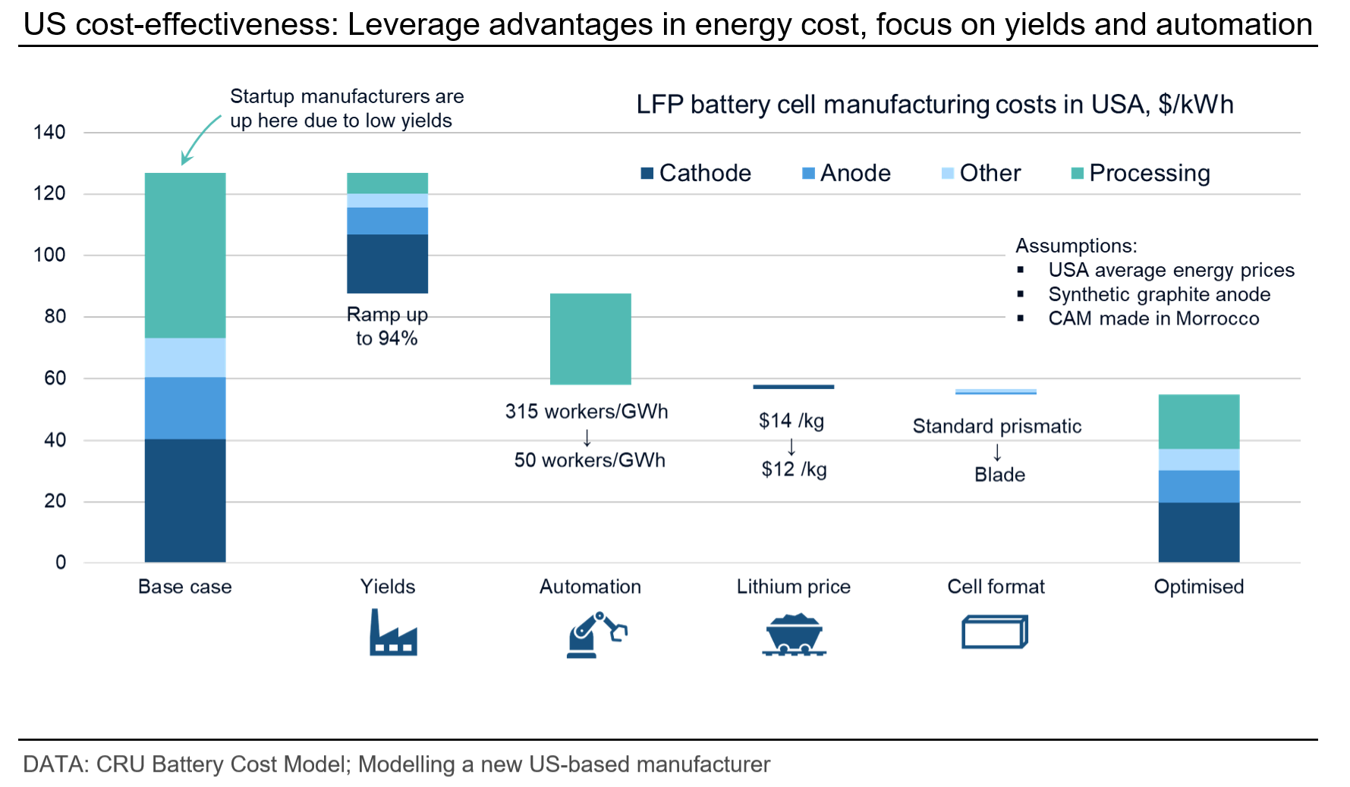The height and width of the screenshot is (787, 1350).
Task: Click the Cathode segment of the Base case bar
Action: (x=185, y=500)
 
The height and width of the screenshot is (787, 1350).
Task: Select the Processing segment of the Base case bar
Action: (x=185, y=256)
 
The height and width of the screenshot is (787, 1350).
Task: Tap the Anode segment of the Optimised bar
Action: (x=1199, y=486)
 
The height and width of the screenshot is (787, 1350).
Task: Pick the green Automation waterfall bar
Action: (x=590, y=339)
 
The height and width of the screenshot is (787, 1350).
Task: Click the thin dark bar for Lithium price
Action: (x=794, y=387)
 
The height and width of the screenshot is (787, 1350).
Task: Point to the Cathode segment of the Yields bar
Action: (x=388, y=264)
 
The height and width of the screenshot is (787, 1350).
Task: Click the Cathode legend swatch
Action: (x=647, y=174)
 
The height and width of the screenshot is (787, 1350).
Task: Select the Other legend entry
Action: (x=981, y=174)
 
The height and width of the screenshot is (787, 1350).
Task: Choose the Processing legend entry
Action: (x=1141, y=174)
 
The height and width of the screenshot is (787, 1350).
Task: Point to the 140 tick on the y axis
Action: (x=49, y=133)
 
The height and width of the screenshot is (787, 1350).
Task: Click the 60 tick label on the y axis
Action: (x=55, y=378)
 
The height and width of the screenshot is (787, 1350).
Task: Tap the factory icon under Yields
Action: (x=393, y=632)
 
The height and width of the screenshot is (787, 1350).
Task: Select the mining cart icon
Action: (x=794, y=635)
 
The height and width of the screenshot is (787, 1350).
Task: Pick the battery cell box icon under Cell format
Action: (x=995, y=632)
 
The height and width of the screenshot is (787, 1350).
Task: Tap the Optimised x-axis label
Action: (x=1199, y=587)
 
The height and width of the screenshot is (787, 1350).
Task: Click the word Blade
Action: (x=1000, y=475)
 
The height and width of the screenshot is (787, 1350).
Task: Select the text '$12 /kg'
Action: (x=794, y=469)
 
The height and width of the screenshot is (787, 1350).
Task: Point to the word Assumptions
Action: (x=1076, y=246)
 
